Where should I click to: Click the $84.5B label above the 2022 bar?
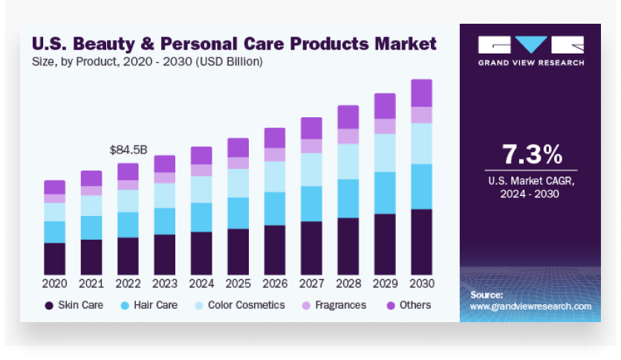coord(128,151)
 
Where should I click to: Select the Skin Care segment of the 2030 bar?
coord(421,242)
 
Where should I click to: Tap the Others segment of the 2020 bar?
coord(54,187)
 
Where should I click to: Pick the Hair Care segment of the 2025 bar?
coord(238,213)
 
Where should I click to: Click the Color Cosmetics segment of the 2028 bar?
coord(348,161)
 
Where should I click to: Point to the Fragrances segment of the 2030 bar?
coord(421,115)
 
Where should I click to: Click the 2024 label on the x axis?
coord(201,284)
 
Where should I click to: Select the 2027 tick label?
coord(311,284)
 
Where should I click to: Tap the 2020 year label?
coord(54,284)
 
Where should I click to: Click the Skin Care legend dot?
coord(49,305)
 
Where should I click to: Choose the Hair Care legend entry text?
coord(155,305)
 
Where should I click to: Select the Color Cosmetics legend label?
coord(246,305)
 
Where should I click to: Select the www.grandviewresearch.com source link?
coord(530,306)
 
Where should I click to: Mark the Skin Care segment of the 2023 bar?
coord(165,255)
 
